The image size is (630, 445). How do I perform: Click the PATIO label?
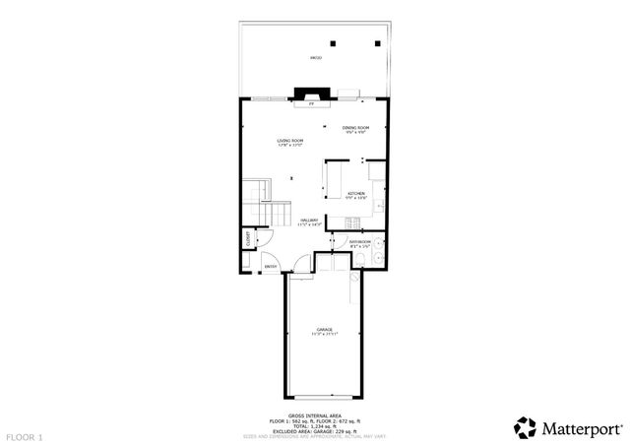316,58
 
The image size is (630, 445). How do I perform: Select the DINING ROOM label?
355,128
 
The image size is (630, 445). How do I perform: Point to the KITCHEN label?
355,193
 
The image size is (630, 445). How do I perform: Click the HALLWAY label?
309,222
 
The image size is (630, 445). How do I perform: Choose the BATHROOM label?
359,241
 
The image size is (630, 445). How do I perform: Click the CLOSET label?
248,241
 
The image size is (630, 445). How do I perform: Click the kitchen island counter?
332,180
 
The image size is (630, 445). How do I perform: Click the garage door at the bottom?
324,395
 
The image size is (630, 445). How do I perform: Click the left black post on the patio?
334,42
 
